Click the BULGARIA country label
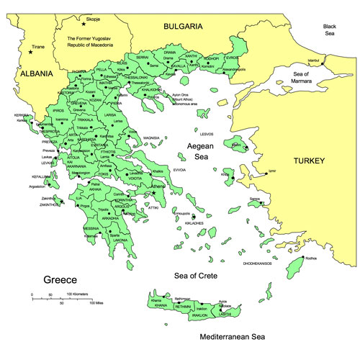[x=182, y=27]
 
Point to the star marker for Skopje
[x=84, y=24]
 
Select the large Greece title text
[x=60, y=279]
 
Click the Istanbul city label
[x=312, y=60]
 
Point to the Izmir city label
[x=271, y=171]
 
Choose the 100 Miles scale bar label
[x=99, y=303]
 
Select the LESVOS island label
[x=208, y=134]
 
